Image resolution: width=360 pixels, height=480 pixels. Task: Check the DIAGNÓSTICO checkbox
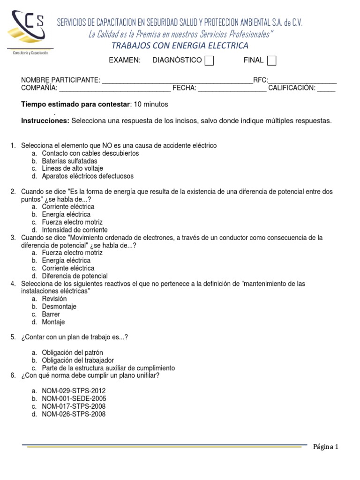(x=210, y=61)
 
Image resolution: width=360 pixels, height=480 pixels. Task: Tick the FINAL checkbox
(x=271, y=61)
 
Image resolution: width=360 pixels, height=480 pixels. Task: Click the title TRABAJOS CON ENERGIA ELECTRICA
(x=180, y=45)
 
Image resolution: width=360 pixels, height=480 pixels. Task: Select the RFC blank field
(x=302, y=81)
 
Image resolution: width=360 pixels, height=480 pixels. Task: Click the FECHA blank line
(x=232, y=89)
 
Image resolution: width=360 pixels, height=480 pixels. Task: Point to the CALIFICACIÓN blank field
(x=327, y=89)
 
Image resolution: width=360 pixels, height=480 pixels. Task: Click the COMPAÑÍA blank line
(x=115, y=89)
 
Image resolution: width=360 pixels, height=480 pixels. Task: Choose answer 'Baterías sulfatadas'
(x=69, y=161)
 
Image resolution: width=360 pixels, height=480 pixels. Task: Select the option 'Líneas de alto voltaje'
(x=72, y=168)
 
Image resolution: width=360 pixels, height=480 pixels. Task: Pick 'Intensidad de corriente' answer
(x=75, y=230)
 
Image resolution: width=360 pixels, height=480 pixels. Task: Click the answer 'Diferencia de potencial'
(x=75, y=276)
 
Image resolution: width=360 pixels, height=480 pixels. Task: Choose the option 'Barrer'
(x=51, y=314)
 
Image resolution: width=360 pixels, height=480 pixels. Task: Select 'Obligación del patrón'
(x=72, y=352)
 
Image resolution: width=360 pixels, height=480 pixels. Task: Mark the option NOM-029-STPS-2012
(x=74, y=391)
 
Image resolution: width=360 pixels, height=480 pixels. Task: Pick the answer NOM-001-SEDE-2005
(x=74, y=398)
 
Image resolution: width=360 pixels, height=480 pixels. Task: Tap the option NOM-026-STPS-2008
(x=74, y=414)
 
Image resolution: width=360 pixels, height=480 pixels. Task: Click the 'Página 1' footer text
(x=326, y=447)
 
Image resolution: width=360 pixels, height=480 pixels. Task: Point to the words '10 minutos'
(x=151, y=104)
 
